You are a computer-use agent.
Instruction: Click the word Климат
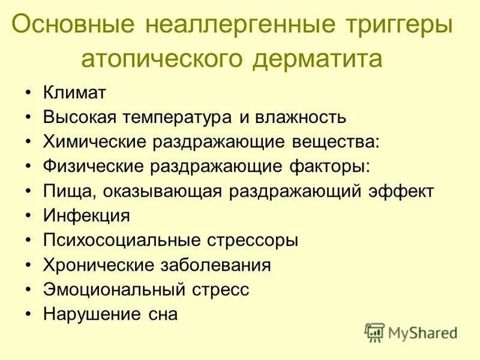[x=74, y=93]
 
